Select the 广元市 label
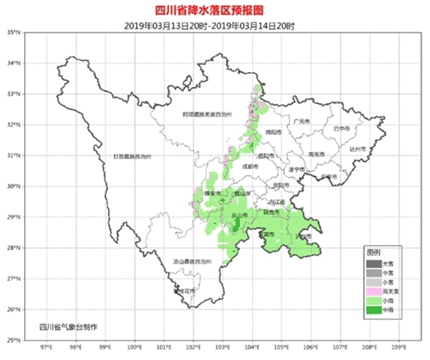tap(300, 122)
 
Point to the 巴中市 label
tap(340, 129)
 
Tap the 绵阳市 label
tap(273, 131)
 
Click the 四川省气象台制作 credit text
tap(69, 327)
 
